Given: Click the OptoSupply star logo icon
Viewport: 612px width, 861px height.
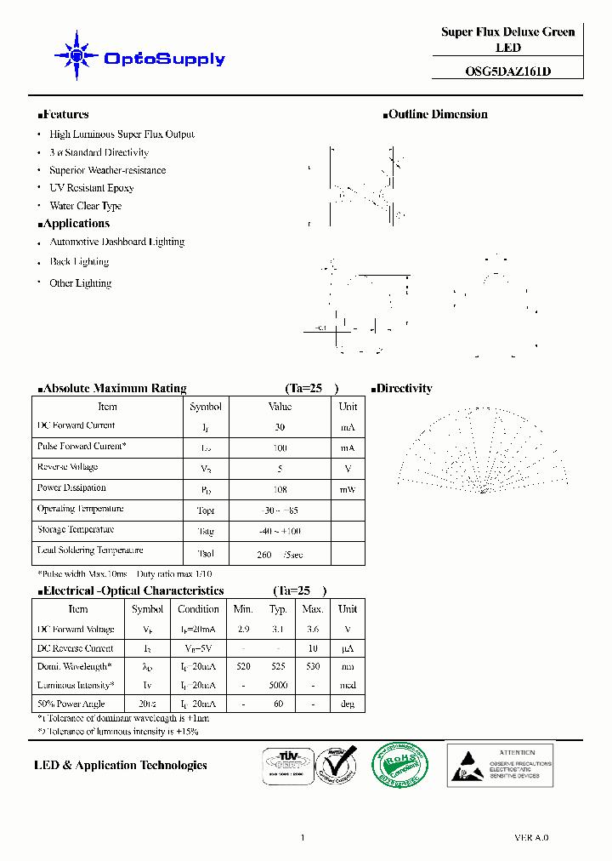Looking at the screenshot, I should click(x=76, y=56).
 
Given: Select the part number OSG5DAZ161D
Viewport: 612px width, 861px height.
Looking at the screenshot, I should click(x=508, y=71).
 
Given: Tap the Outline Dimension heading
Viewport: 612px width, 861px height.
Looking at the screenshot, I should click(x=437, y=114).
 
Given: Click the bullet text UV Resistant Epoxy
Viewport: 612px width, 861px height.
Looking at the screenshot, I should click(x=92, y=188).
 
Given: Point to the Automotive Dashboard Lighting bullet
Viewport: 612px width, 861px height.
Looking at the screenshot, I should click(x=116, y=242).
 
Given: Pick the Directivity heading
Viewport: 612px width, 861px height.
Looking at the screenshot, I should click(x=404, y=388).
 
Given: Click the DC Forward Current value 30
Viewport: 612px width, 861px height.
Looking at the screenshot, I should click(x=280, y=427).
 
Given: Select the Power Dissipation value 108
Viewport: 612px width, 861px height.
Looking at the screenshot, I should click(x=280, y=489).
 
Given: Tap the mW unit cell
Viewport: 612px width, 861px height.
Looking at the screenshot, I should click(x=348, y=489).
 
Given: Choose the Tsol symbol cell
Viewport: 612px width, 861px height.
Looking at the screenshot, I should click(x=206, y=552).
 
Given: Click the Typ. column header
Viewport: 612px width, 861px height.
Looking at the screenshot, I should click(x=279, y=609).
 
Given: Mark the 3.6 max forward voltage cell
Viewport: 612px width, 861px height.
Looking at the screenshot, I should click(x=313, y=630).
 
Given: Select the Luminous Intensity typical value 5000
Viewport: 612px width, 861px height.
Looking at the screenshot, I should click(x=279, y=685).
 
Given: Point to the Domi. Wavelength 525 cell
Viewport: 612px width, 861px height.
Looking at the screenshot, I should click(x=279, y=667).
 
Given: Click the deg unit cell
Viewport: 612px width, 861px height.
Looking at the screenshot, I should click(x=347, y=704).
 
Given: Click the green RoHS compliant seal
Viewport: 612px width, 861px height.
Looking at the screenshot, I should click(x=399, y=763).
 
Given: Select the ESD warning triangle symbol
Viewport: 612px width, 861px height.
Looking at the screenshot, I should click(x=467, y=764).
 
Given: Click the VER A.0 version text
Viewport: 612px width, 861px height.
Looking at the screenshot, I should click(x=531, y=837).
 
